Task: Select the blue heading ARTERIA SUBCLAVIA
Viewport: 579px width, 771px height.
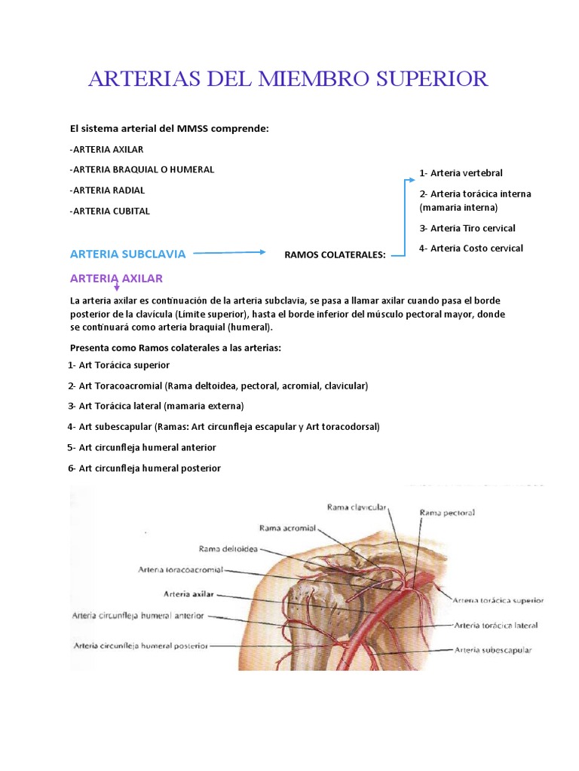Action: (x=127, y=254)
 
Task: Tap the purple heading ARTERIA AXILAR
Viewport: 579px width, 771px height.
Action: (x=116, y=279)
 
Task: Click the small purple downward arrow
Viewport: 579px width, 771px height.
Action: (x=117, y=286)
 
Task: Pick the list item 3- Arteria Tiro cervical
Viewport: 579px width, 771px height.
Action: (x=467, y=228)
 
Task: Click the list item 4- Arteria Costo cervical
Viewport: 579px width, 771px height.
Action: (x=471, y=248)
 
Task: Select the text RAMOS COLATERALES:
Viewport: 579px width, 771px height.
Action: (x=335, y=255)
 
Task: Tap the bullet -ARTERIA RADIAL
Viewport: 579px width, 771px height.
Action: (x=107, y=190)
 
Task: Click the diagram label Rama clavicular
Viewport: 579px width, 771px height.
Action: (x=357, y=507)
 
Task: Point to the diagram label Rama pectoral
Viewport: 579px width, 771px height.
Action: (x=447, y=513)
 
